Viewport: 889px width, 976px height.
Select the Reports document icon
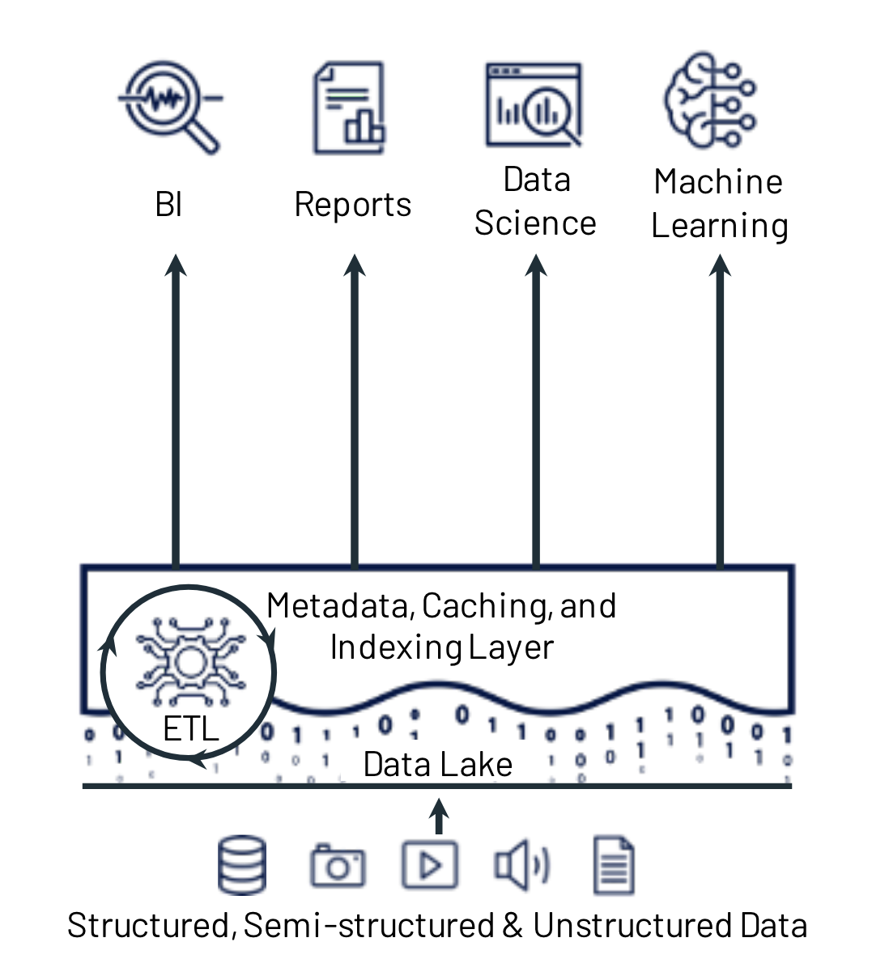pyautogui.click(x=349, y=108)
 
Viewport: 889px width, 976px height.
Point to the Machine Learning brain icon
pyautogui.click(x=711, y=101)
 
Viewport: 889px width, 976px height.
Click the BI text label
pyautogui.click(x=168, y=205)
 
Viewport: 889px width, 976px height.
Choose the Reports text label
pyautogui.click(x=352, y=205)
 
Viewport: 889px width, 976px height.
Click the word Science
pyautogui.click(x=535, y=223)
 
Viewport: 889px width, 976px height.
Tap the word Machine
pyautogui.click(x=718, y=182)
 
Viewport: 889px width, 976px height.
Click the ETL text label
pyautogui.click(x=191, y=729)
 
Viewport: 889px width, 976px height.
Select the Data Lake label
pyautogui.click(x=437, y=765)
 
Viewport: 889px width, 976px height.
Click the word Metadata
pyautogui.click(x=340, y=606)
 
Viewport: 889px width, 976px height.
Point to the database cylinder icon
pyautogui.click(x=242, y=864)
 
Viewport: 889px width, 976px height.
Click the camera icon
pyautogui.click(x=338, y=866)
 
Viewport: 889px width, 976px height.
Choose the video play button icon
pyautogui.click(x=430, y=865)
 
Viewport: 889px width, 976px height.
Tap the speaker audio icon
pyautogui.click(x=521, y=864)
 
